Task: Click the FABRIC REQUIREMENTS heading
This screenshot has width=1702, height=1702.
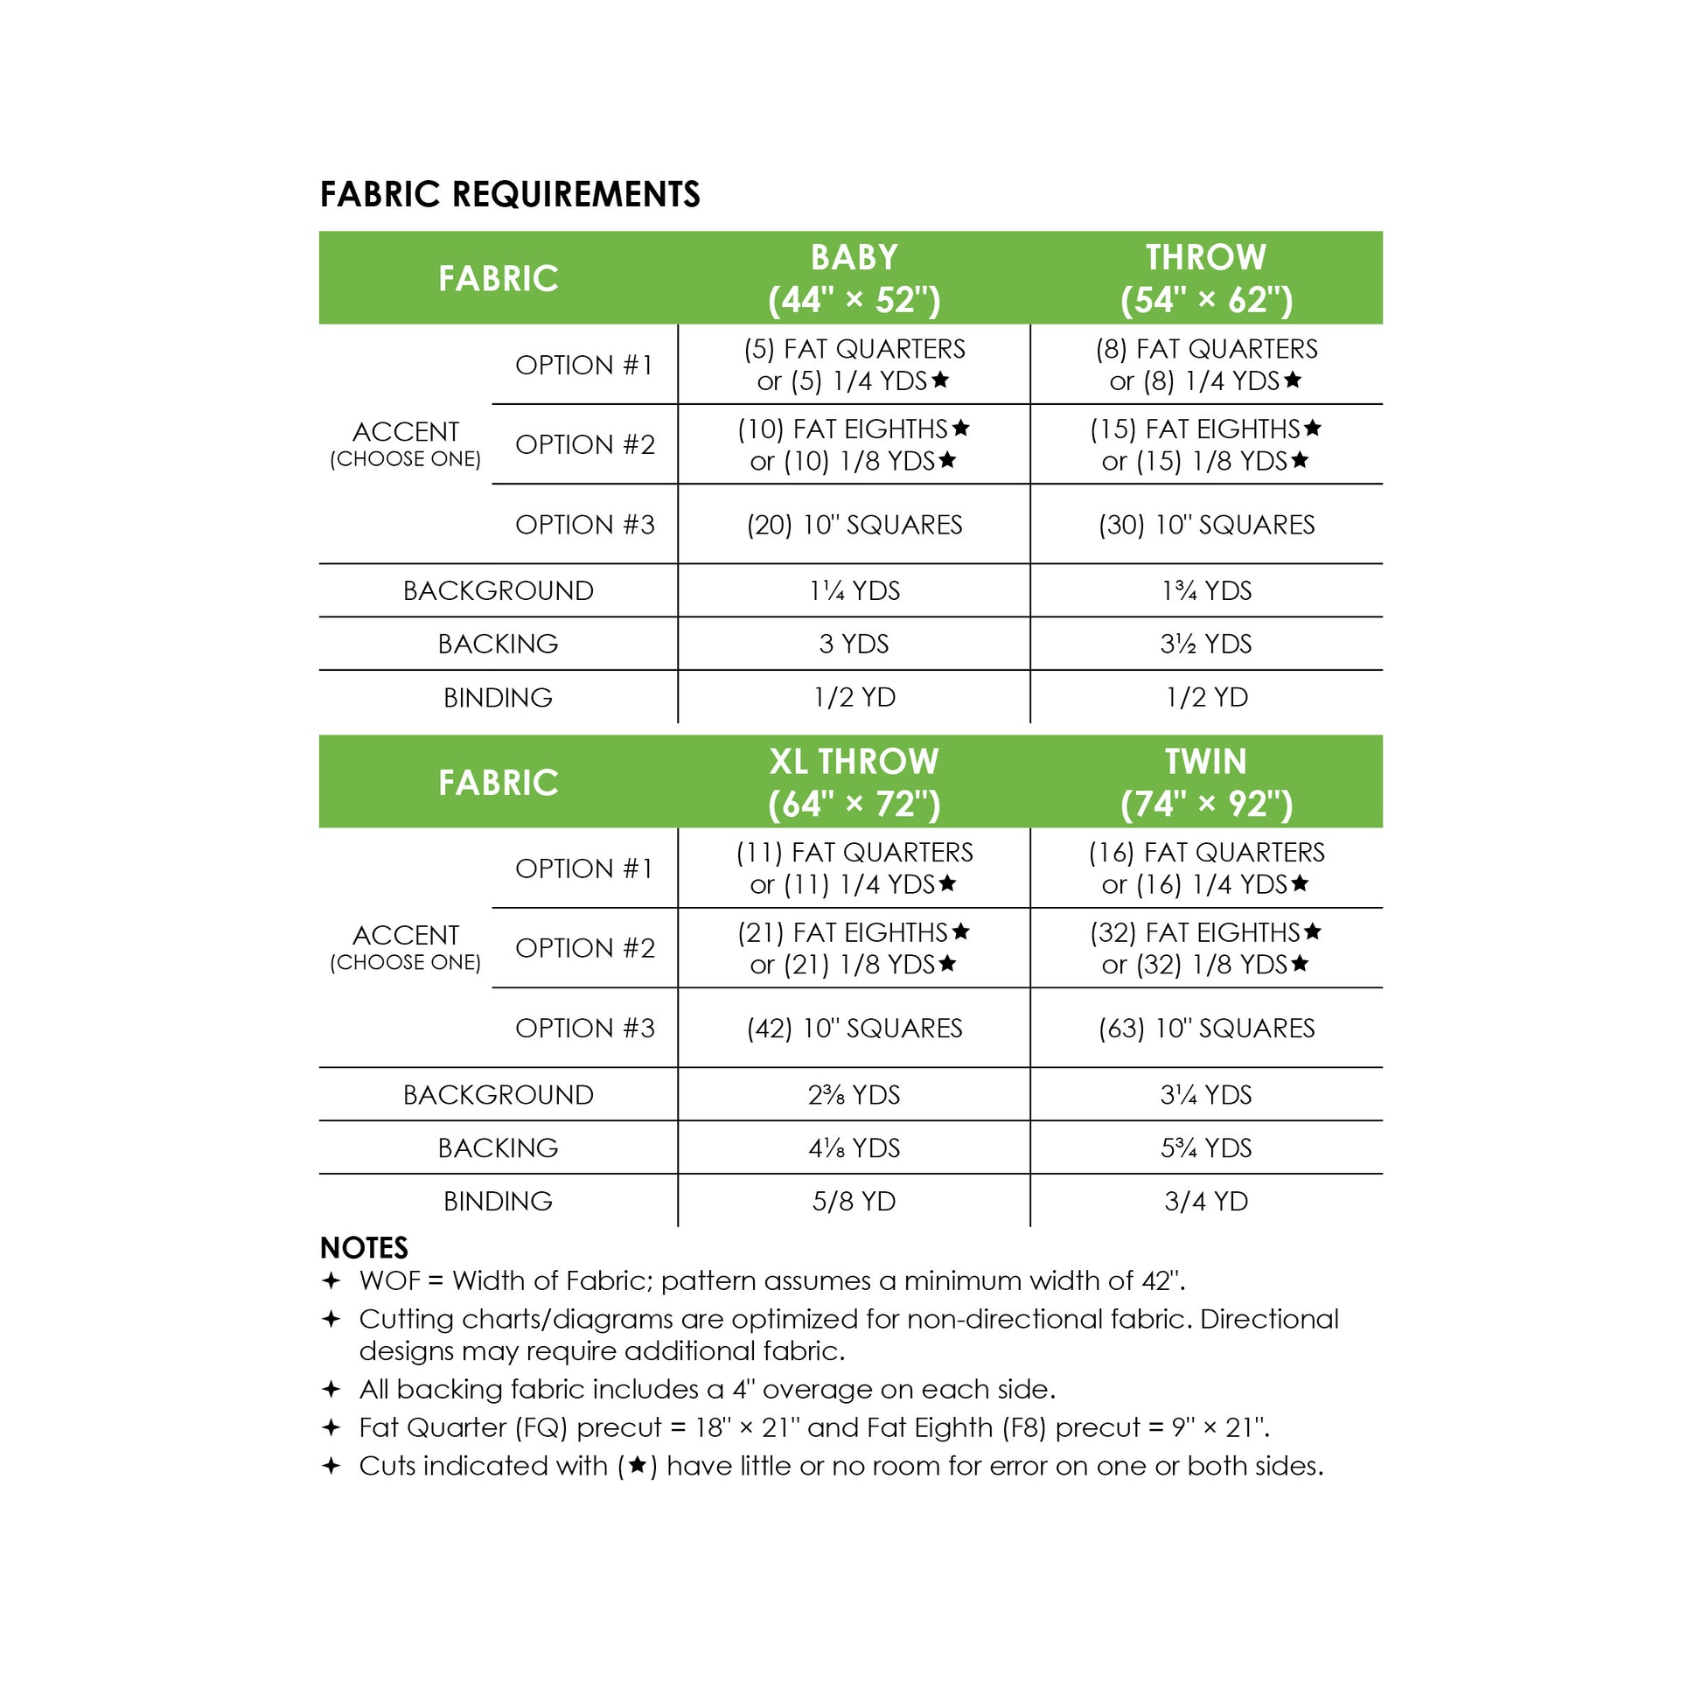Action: click(509, 195)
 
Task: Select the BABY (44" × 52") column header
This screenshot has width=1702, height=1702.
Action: click(854, 278)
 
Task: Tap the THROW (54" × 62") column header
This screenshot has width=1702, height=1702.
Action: click(1206, 278)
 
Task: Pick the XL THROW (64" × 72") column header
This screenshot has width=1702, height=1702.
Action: click(854, 782)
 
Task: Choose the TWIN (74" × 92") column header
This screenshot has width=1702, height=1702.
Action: click(1206, 782)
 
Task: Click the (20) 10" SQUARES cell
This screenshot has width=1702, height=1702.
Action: click(854, 525)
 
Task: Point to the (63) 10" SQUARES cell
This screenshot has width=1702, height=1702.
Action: click(1206, 1028)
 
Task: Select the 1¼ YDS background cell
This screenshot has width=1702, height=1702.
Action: click(854, 591)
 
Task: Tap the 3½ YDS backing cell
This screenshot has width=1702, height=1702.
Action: click(1206, 644)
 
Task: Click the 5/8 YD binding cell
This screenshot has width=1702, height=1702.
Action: click(854, 1202)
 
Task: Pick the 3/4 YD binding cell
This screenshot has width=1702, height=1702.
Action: click(1206, 1202)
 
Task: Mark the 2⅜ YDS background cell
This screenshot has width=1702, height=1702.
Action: click(854, 1095)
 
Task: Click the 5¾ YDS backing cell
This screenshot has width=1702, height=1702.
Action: click(1206, 1147)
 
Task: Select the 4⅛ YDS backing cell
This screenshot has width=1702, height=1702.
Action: click(854, 1147)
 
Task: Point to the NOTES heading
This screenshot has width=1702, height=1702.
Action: click(364, 1248)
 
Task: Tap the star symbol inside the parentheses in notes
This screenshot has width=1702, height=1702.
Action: click(638, 1466)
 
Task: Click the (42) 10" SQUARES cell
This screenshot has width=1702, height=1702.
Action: click(854, 1028)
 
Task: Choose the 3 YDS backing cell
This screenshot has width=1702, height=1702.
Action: click(854, 644)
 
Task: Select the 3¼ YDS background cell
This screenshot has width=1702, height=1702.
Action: click(1206, 1095)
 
